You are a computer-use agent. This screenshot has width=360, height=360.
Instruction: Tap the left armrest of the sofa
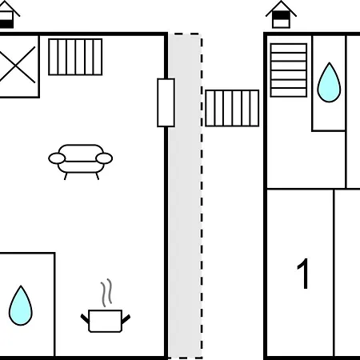[57, 158]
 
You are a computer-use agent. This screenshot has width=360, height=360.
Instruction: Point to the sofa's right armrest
[104, 158]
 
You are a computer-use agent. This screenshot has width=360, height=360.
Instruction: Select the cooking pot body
[105, 321]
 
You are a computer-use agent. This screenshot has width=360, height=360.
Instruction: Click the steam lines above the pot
[106, 293]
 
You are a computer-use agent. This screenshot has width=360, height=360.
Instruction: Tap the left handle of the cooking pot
[85, 318]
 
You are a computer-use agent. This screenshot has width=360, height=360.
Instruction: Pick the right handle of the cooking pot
[126, 319]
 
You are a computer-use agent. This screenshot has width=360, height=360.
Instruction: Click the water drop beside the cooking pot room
[21, 306]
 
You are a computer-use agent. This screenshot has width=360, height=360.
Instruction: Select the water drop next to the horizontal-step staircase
[329, 82]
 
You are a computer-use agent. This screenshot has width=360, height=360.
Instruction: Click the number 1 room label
[303, 274]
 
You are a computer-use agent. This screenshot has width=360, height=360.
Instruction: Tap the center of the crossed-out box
[17, 65]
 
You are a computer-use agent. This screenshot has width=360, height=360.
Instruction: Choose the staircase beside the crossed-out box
[75, 57]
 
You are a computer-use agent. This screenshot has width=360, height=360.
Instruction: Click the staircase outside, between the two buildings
[232, 108]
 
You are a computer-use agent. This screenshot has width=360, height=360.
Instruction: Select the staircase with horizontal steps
[289, 70]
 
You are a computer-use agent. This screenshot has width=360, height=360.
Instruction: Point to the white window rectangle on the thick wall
[166, 102]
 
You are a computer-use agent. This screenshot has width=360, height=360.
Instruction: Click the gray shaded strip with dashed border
[185, 196]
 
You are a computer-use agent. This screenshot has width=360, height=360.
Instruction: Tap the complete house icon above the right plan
[281, 14]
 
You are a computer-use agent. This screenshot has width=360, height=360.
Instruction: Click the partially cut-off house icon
[8, 15]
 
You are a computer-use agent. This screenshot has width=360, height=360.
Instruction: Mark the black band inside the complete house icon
[281, 15]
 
